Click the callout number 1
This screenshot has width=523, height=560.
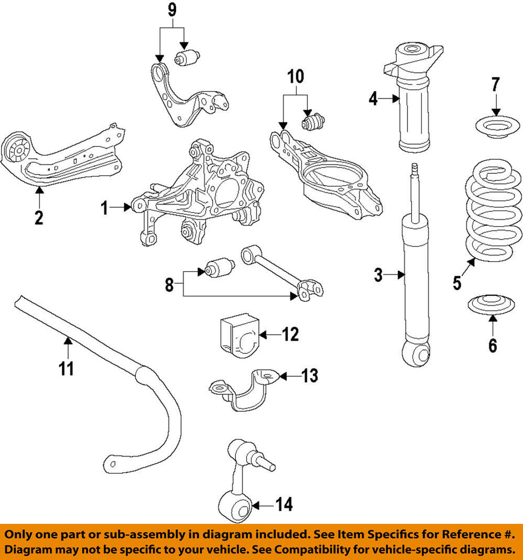pyautogui.click(x=105, y=207)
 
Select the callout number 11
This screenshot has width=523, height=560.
pyautogui.click(x=67, y=370)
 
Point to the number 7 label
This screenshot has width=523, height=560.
pyautogui.click(x=495, y=85)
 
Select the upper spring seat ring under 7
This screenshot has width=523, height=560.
pyautogui.click(x=496, y=128)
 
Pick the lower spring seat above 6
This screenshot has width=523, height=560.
pyautogui.click(x=492, y=304)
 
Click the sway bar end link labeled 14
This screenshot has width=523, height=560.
pyautogui.click(x=241, y=481)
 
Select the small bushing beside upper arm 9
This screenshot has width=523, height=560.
pyautogui.click(x=187, y=56)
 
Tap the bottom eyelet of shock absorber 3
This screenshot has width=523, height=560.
pyautogui.click(x=416, y=354)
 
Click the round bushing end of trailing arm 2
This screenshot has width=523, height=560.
pyautogui.click(x=16, y=148)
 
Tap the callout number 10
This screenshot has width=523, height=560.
pyautogui.click(x=295, y=78)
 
